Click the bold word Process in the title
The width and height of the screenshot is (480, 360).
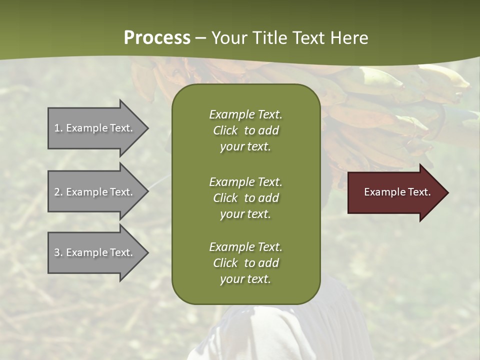(x=157, y=38)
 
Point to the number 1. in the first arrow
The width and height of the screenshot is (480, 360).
(x=58, y=128)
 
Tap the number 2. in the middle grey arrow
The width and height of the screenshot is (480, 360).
(x=58, y=192)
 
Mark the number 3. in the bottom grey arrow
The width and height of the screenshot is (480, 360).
(x=58, y=252)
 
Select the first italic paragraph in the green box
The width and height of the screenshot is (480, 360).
(x=245, y=130)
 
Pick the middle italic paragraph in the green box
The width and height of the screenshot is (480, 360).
(x=245, y=197)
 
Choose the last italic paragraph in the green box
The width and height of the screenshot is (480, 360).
(x=245, y=263)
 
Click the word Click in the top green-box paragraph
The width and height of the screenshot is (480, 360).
(x=225, y=130)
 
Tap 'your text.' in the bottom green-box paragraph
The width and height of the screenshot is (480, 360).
(x=245, y=279)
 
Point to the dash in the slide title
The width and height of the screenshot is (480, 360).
(x=200, y=38)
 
